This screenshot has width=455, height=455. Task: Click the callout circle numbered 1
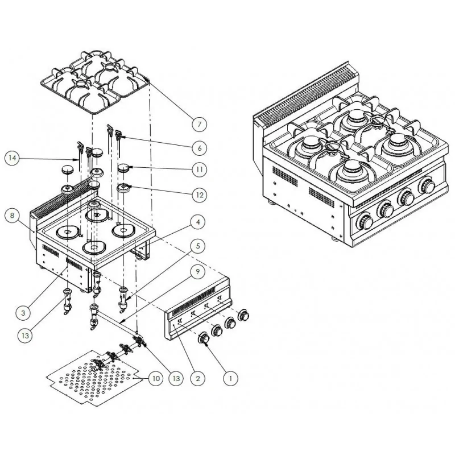(x=230, y=376)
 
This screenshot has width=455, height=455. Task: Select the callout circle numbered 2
(x=197, y=376)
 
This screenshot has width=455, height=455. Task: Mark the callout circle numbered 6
(x=197, y=147)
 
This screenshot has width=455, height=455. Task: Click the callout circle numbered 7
(x=197, y=123)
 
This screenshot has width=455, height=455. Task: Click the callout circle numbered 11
(x=197, y=169)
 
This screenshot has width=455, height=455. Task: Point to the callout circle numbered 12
(x=197, y=195)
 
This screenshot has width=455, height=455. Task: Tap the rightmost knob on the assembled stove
(x=426, y=186)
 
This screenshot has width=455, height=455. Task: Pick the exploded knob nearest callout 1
(x=203, y=340)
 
